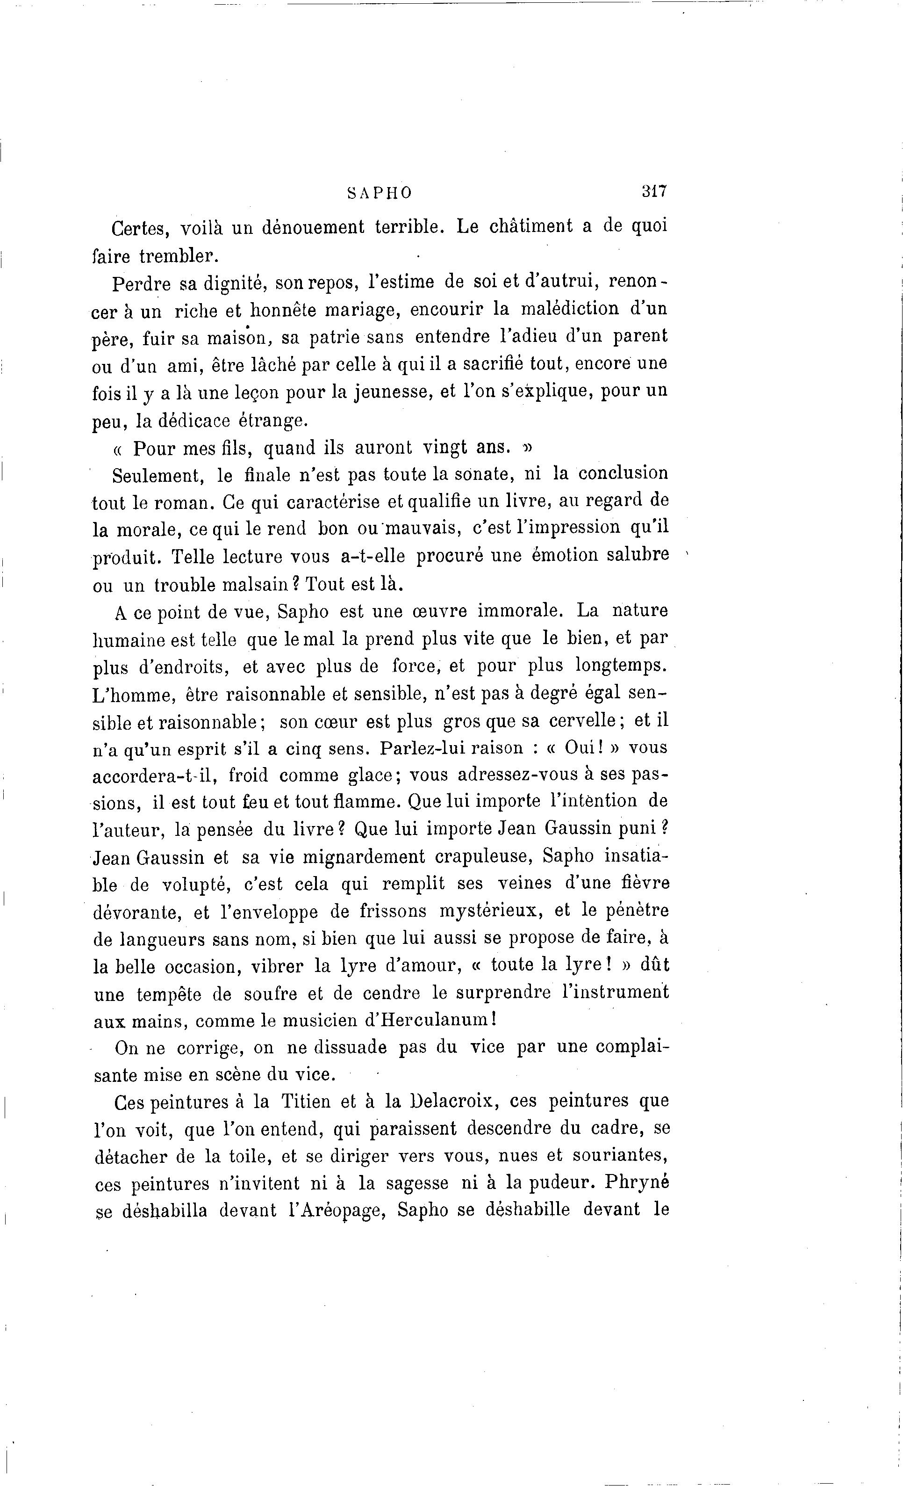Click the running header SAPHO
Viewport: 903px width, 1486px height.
click(380, 193)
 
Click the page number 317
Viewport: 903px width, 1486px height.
click(653, 192)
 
